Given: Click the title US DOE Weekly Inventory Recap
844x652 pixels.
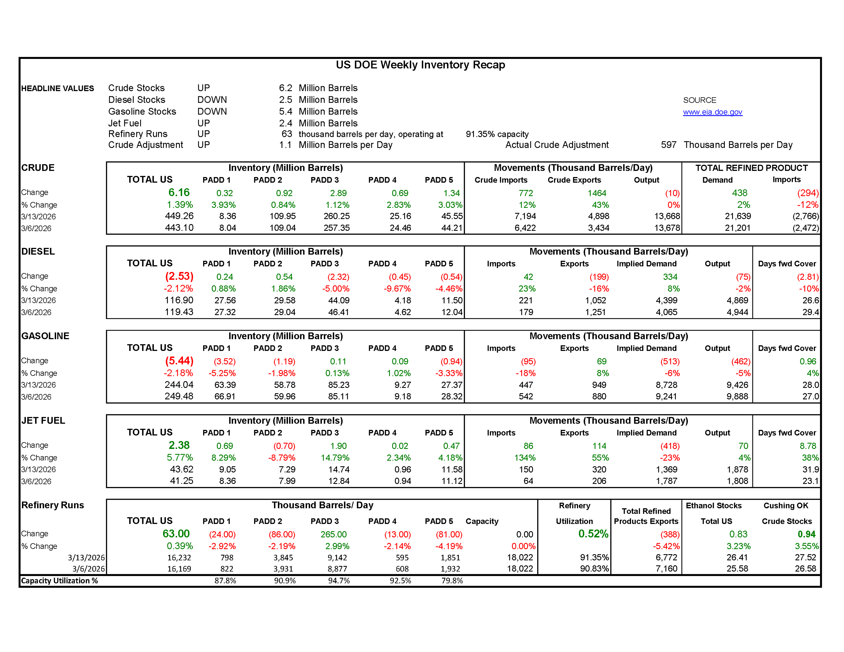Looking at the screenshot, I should pyautogui.click(x=420, y=65).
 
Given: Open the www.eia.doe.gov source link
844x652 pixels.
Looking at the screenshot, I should pyautogui.click(x=712, y=112).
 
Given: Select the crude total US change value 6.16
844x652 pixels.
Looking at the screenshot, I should pyautogui.click(x=179, y=193).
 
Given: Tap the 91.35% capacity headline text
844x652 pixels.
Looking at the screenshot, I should pyautogui.click(x=497, y=134).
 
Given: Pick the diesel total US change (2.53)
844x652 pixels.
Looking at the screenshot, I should pyautogui.click(x=179, y=276).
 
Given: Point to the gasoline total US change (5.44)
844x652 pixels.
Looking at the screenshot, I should pyautogui.click(x=179, y=361).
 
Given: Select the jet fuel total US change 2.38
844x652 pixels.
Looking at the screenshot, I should pyautogui.click(x=179, y=445).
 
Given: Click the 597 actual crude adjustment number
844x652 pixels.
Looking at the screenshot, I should pyautogui.click(x=668, y=145).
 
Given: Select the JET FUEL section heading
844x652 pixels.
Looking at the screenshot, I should pyautogui.click(x=43, y=421).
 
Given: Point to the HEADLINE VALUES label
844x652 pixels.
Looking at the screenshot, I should pyautogui.click(x=58, y=89).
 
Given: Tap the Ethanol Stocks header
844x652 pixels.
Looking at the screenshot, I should pyautogui.click(x=713, y=505).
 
